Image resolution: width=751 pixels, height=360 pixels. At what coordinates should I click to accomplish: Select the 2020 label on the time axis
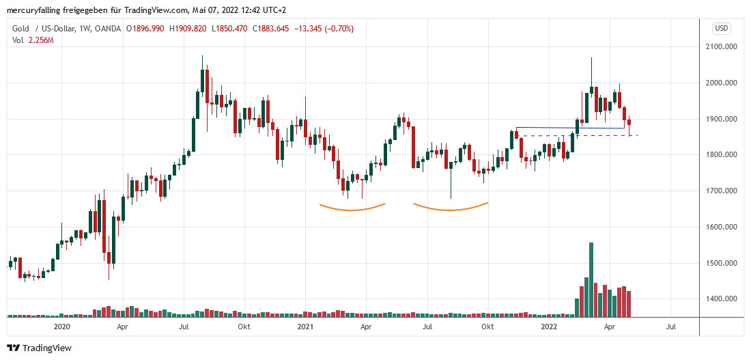pyautogui.click(x=61, y=327)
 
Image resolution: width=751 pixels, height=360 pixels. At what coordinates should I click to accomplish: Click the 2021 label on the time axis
pyautogui.click(x=305, y=327)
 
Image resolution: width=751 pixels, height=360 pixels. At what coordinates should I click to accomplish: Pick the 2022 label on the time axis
pyautogui.click(x=550, y=327)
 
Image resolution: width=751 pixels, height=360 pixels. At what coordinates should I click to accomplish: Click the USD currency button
pyautogui.click(x=722, y=28)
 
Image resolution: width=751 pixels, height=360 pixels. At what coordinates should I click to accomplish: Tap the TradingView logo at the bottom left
pyautogui.click(x=39, y=348)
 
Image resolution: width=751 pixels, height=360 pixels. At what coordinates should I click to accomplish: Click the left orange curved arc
pyautogui.click(x=352, y=208)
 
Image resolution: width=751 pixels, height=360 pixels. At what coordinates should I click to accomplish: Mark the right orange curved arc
pyautogui.click(x=450, y=208)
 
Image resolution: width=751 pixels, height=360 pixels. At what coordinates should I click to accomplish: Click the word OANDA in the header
pyautogui.click(x=109, y=28)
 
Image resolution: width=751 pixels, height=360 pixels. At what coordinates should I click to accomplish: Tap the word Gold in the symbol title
pyautogui.click(x=20, y=28)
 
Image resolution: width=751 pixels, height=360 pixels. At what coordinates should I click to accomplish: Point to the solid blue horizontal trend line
pyautogui.click(x=570, y=128)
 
